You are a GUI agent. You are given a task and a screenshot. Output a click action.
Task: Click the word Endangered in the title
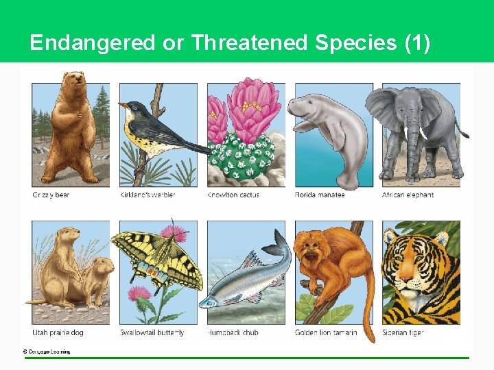click(x=93, y=43)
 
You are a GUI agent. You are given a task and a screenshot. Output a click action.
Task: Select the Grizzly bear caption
click(x=51, y=195)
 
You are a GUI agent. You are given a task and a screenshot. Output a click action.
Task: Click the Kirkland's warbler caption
click(x=148, y=195)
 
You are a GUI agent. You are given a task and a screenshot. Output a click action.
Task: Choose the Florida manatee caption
click(x=320, y=195)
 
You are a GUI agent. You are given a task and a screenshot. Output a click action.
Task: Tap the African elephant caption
click(x=408, y=195)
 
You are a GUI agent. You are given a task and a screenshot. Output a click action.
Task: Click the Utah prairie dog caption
click(x=58, y=333)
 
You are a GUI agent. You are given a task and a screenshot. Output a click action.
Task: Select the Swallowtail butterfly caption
click(x=152, y=333)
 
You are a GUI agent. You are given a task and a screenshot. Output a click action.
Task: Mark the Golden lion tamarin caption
click(x=326, y=333)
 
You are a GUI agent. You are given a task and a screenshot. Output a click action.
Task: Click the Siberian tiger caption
click(x=403, y=333)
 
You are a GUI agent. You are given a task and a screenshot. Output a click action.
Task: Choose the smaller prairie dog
click(x=99, y=277)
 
